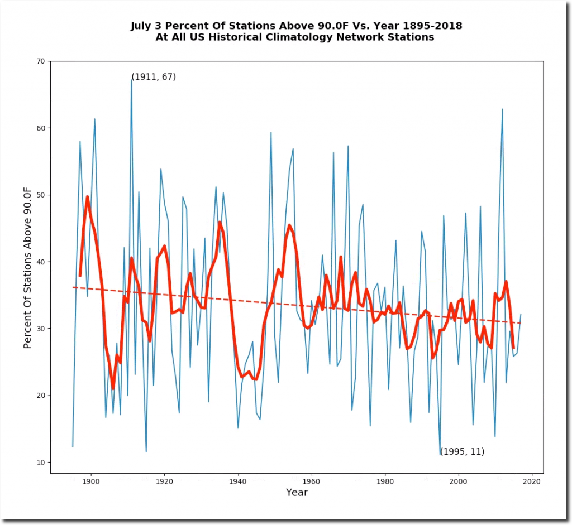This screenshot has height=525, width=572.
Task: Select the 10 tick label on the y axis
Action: pyautogui.click(x=41, y=463)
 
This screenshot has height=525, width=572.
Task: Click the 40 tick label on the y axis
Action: pyautogui.click(x=41, y=262)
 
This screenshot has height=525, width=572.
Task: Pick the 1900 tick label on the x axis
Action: pyautogui.click(x=90, y=481)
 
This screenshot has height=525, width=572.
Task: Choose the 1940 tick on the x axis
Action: pyautogui.click(x=238, y=474)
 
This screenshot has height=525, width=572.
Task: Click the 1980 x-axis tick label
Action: pyautogui.click(x=385, y=481)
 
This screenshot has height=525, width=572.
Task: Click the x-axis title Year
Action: pyautogui.click(x=297, y=493)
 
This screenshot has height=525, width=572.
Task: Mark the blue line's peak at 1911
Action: pyautogui.click(x=131, y=80)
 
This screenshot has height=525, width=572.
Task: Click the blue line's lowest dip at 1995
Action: pyautogui.click(x=440, y=455)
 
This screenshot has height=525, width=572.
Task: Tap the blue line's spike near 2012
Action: pyautogui.click(x=502, y=109)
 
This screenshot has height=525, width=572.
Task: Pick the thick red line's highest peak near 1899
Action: pyautogui.click(x=87, y=196)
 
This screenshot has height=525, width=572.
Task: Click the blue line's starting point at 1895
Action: pyautogui.click(x=73, y=446)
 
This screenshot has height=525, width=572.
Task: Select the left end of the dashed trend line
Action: pyautogui.click(x=73, y=287)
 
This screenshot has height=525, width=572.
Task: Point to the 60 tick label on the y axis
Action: pyautogui.click(x=41, y=128)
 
